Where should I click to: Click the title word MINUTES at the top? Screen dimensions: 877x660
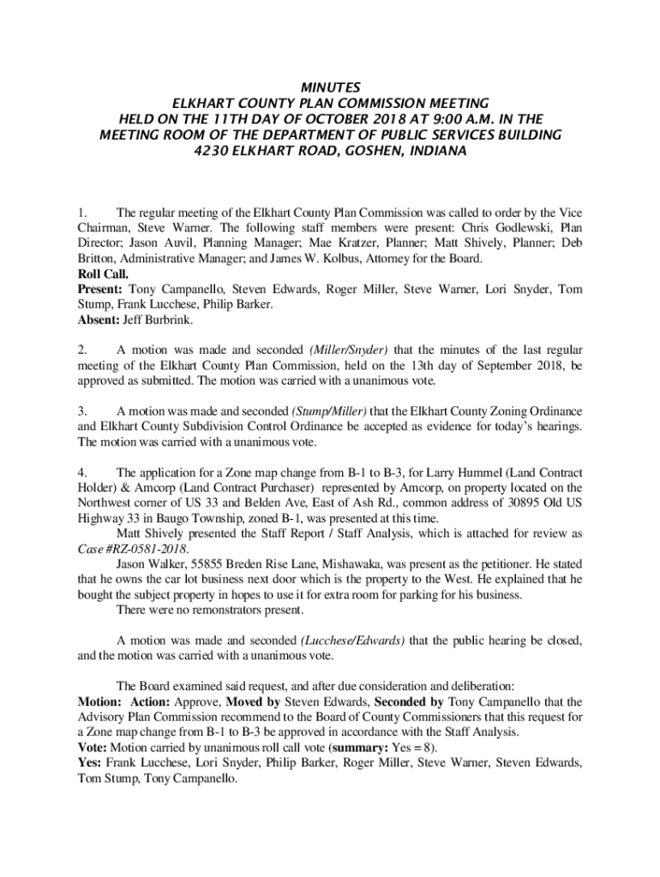(330, 87)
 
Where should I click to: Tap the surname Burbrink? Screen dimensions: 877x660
(168, 320)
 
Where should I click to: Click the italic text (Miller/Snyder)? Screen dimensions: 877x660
(345, 349)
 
